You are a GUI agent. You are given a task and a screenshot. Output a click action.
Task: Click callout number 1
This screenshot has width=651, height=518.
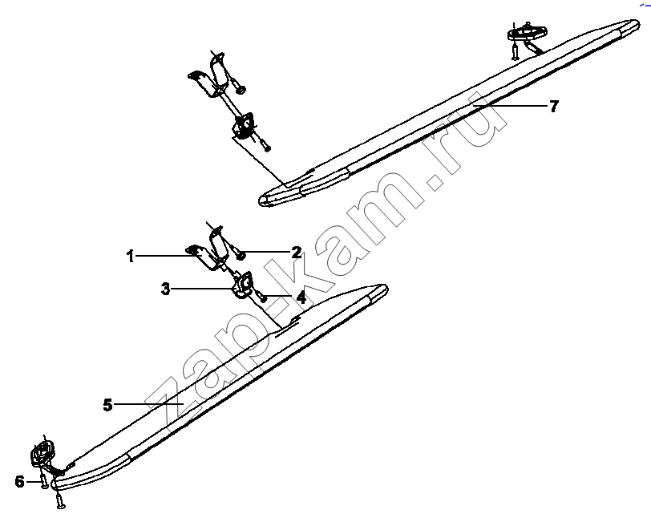131,257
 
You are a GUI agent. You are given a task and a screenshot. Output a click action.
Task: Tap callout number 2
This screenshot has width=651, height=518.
297,252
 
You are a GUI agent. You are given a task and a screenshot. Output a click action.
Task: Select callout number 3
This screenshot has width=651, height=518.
166,289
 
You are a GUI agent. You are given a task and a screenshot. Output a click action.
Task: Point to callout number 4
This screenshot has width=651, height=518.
301,297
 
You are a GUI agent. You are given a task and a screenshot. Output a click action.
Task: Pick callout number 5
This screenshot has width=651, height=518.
108,405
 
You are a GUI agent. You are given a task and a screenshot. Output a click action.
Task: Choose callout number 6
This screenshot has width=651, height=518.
19,482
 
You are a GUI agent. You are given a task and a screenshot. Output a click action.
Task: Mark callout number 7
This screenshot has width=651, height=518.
554,107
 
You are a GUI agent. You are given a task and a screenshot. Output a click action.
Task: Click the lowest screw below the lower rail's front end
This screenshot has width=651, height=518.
60,499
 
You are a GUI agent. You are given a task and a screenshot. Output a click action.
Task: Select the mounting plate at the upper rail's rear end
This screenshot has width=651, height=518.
527,31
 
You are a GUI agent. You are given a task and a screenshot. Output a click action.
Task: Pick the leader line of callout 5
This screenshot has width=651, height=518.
148,404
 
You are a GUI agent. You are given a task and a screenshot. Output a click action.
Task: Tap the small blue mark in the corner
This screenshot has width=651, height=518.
645,4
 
